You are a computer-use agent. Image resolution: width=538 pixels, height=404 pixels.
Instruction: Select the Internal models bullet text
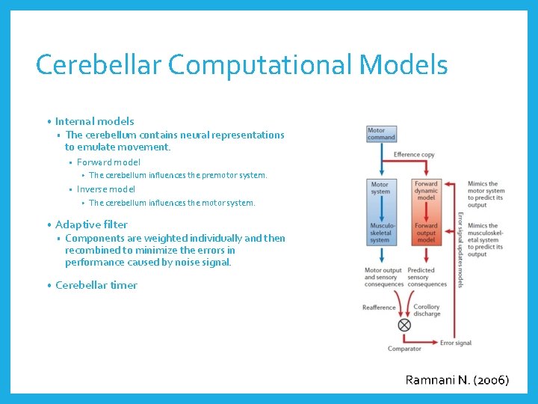click(94, 121)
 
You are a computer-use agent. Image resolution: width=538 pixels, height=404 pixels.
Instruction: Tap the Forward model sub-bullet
click(108, 162)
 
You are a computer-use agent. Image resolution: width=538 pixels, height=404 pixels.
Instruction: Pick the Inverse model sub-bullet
click(106, 189)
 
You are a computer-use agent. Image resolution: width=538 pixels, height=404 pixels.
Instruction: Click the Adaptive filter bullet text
click(91, 224)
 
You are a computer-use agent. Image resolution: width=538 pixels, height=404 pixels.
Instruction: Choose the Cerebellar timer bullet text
click(96, 285)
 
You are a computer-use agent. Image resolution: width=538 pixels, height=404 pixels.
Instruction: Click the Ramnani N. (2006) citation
click(457, 380)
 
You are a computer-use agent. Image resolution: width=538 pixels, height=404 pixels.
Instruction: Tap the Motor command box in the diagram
click(380, 134)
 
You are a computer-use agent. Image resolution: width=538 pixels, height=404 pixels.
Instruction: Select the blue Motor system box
click(380, 188)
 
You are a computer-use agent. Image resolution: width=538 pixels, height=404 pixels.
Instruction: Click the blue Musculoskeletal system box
click(380, 232)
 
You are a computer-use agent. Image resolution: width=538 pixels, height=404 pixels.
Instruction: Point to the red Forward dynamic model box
click(426, 192)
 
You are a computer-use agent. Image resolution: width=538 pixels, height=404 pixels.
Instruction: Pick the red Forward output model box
click(426, 232)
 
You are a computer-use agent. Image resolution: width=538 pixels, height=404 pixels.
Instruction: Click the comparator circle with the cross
click(404, 325)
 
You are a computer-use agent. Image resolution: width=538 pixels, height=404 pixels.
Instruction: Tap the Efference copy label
click(413, 155)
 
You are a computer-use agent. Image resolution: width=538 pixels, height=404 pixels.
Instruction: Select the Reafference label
click(380, 307)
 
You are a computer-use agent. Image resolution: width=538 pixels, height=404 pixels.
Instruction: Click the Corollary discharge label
click(427, 310)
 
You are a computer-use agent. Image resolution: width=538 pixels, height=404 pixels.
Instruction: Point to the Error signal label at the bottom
click(456, 343)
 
